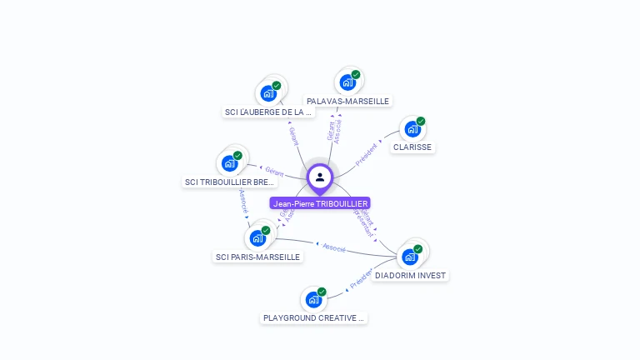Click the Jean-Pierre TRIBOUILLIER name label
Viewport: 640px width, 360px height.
pyautogui.click(x=320, y=203)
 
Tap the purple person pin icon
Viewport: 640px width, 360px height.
pyautogui.click(x=320, y=177)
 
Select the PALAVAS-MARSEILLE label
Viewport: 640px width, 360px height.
pyautogui.click(x=347, y=101)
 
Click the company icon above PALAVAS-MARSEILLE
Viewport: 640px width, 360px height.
pyautogui.click(x=347, y=82)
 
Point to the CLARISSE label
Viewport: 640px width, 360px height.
pyautogui.click(x=412, y=147)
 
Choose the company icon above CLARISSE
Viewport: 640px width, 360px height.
pyautogui.click(x=412, y=129)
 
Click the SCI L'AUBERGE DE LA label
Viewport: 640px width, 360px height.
pyautogui.click(x=268, y=112)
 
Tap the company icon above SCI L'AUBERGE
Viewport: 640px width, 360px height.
pyautogui.click(x=268, y=92)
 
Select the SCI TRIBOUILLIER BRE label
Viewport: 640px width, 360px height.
pyautogui.click(x=230, y=182)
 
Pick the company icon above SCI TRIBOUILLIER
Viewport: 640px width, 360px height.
pyautogui.click(x=229, y=163)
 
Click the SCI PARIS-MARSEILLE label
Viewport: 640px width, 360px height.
pyautogui.click(x=257, y=257)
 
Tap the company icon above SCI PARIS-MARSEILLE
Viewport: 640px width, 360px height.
pyautogui.click(x=257, y=237)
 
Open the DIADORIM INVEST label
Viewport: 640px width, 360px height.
pyautogui.click(x=410, y=275)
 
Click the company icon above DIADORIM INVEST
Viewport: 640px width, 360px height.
pyautogui.click(x=409, y=257)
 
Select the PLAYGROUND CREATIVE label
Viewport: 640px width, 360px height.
pyautogui.click(x=313, y=317)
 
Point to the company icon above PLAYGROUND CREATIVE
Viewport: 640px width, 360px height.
pyautogui.click(x=313, y=299)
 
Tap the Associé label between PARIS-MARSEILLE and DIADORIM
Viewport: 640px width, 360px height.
pyautogui.click(x=333, y=247)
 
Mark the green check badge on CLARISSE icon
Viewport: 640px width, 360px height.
pyautogui.click(x=421, y=122)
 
